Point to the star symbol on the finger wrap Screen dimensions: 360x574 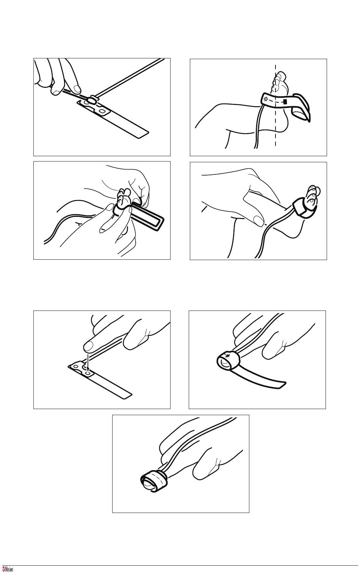point(228,355)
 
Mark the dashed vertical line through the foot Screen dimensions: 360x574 point(275,105)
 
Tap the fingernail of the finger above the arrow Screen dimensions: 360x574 point(89,347)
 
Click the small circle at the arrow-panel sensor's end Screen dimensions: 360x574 point(76,367)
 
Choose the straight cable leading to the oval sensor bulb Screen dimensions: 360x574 point(129,78)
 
